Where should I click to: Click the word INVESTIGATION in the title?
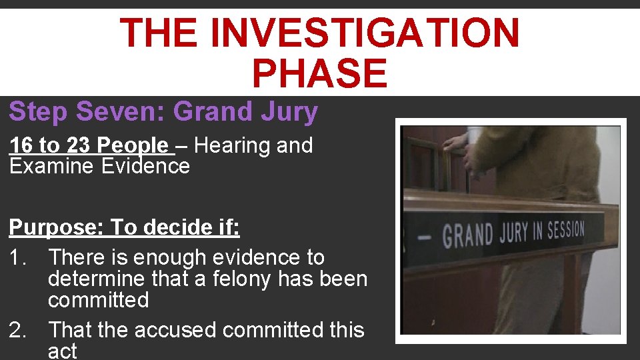(369, 33)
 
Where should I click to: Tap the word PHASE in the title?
(319, 73)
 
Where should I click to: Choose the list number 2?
(18, 330)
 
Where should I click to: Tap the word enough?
(172, 257)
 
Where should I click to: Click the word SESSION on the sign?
(565, 230)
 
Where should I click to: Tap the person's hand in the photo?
(457, 141)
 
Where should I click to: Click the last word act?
(63, 351)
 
